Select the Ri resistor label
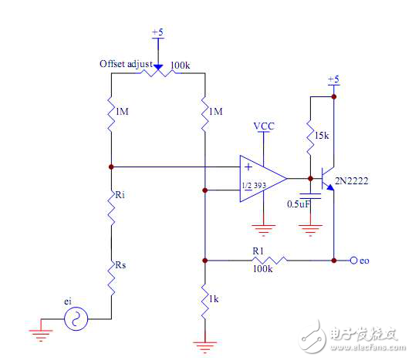click(x=120, y=195)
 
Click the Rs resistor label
click(x=120, y=266)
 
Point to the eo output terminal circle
click(x=353, y=261)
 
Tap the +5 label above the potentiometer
click(x=157, y=32)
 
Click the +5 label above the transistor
click(x=333, y=80)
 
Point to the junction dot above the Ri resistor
click(x=112, y=166)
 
